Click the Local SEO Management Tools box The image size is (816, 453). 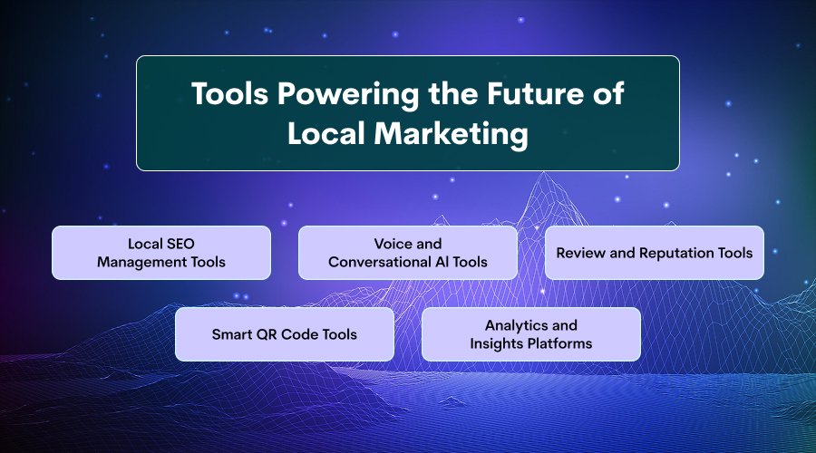(x=161, y=253)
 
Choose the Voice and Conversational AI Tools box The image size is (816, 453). (x=408, y=253)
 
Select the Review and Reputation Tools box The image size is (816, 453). (x=655, y=253)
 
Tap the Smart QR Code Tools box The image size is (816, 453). (x=285, y=334)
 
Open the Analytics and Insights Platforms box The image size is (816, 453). (x=531, y=334)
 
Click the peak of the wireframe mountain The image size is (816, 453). (x=545, y=174)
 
